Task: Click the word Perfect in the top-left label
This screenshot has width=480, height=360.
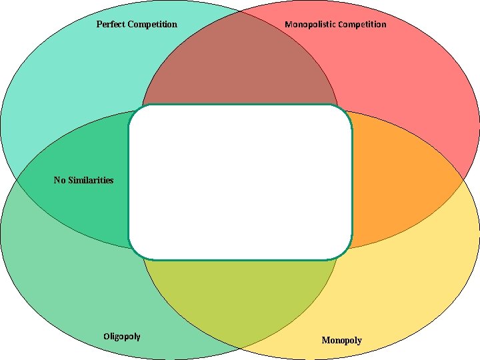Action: tap(111, 25)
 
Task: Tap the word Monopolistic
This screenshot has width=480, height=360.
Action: tap(310, 25)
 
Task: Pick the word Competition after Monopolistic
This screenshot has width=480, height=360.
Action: tap(362, 25)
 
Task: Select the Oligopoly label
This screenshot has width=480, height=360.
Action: tap(122, 336)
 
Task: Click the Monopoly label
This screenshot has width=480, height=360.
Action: tap(341, 341)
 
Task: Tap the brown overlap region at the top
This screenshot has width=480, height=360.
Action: tap(240, 67)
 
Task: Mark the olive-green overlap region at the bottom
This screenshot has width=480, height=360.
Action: tap(240, 293)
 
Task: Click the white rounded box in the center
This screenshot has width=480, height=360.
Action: tap(240, 181)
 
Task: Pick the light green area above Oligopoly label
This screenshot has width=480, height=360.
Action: tap(73, 280)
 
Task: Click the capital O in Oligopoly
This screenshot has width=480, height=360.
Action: tap(107, 336)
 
